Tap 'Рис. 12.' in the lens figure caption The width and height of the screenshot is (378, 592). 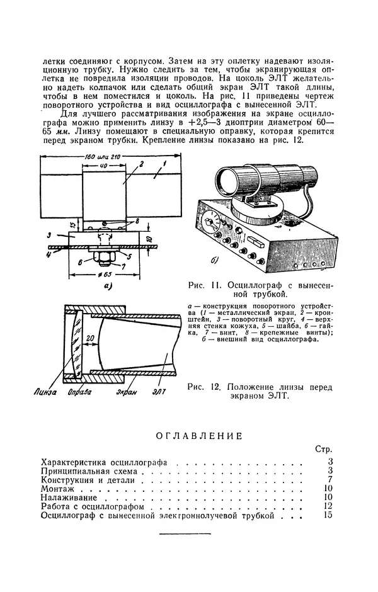(x=202, y=387)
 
